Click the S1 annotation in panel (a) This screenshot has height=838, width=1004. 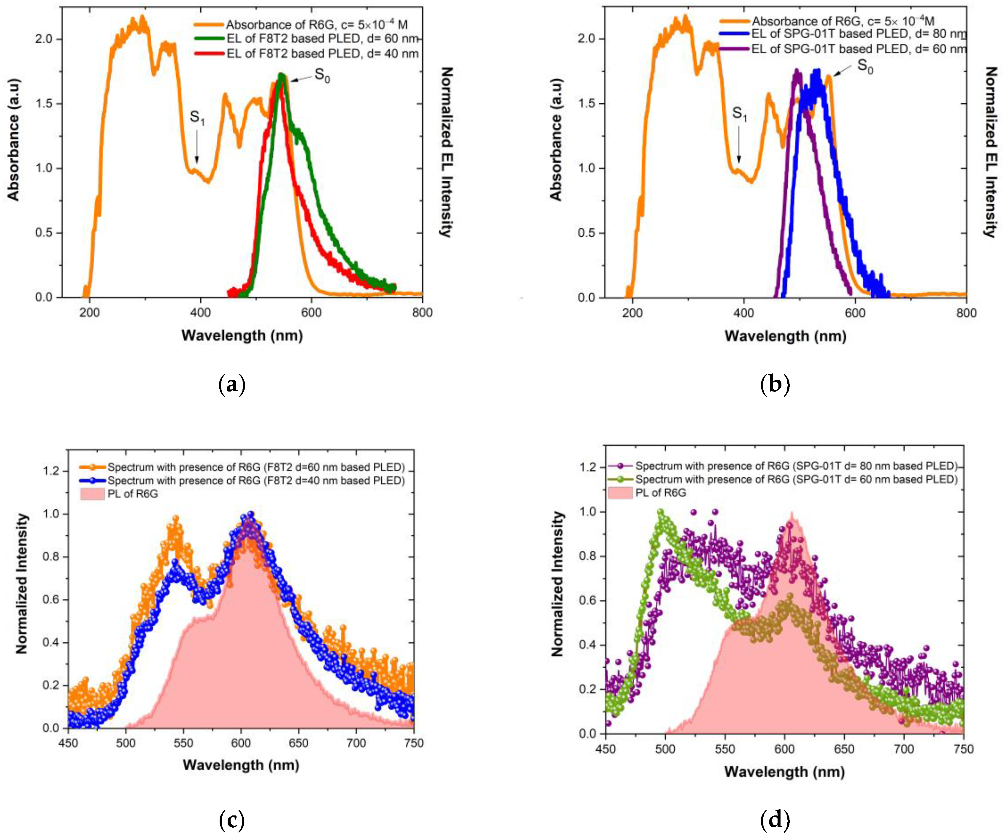(x=197, y=118)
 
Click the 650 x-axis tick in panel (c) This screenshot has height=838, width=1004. (x=299, y=743)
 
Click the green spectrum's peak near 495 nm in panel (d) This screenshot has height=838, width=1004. (x=661, y=513)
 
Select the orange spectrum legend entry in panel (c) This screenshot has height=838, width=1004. (x=256, y=467)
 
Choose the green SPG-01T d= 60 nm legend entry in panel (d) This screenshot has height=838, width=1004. (x=796, y=479)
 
